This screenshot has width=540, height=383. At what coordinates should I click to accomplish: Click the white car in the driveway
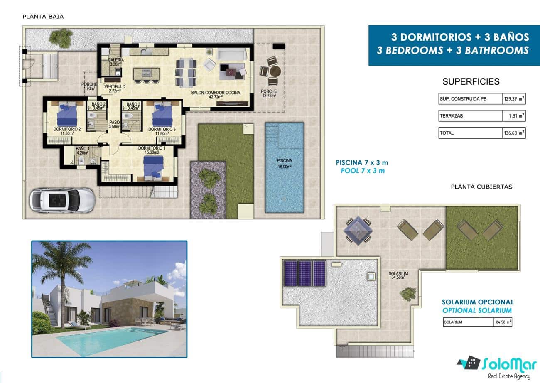pyautogui.click(x=63, y=200)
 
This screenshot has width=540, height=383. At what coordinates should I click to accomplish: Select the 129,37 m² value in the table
pyautogui.click(x=514, y=99)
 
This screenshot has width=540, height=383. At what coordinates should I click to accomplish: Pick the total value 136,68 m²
pyautogui.click(x=514, y=133)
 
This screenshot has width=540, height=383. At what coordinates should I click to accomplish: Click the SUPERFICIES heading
pyautogui.click(x=471, y=82)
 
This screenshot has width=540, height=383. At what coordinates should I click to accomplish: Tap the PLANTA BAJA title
pyautogui.click(x=43, y=17)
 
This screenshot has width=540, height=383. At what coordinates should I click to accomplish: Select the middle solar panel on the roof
pyautogui.click(x=305, y=273)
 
